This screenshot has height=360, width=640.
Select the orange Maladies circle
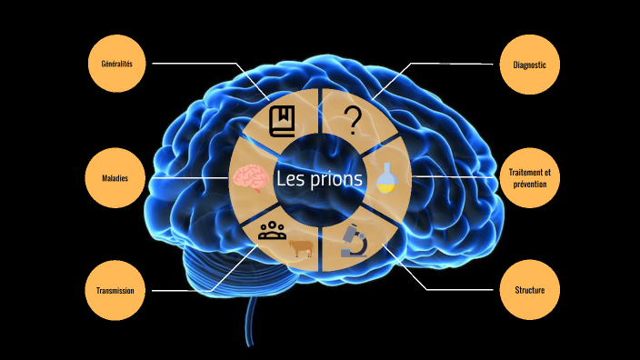point(115,178)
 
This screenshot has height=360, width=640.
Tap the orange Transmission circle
point(115,290)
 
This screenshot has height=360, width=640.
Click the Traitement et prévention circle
point(529,178)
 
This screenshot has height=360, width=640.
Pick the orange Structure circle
point(529,290)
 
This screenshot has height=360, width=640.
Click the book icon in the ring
point(283,119)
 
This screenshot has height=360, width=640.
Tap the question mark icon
point(354,119)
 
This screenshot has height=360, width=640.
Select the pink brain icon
point(247,177)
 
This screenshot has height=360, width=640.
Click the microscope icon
point(354,240)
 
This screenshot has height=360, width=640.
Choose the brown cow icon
point(299,248)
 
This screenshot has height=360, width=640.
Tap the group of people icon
point(272,230)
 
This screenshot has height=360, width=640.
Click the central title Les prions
point(319,179)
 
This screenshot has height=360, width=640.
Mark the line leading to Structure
point(455,290)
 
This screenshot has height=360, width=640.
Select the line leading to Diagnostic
point(455,64)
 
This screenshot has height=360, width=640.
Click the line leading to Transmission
point(182,291)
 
